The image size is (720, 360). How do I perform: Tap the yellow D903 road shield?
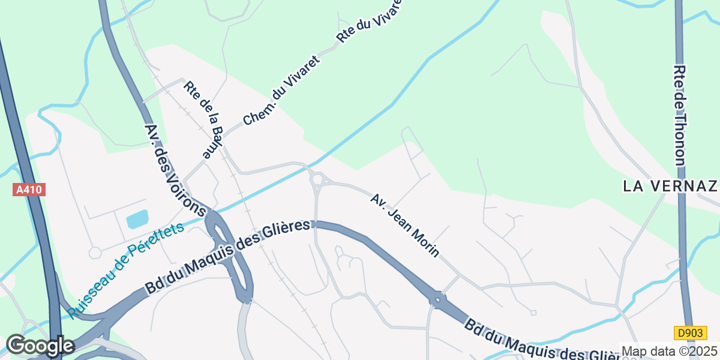pyautogui.click(x=690, y=332)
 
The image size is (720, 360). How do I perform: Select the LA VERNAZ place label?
pyautogui.click(x=670, y=186)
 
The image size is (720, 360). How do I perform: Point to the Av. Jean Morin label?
pyautogui.click(x=405, y=226)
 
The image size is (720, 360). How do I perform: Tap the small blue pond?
pyautogui.click(x=136, y=220)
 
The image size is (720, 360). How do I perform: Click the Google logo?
pyautogui.click(x=40, y=346)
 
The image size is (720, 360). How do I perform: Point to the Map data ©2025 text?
pyautogui.click(x=669, y=351)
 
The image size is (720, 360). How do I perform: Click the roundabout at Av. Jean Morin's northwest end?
pyautogui.click(x=317, y=178)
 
